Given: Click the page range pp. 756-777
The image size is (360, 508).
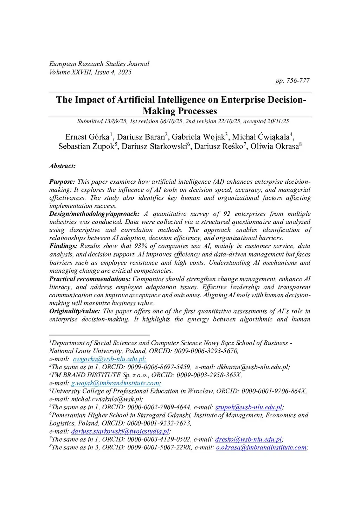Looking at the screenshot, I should click(292, 81).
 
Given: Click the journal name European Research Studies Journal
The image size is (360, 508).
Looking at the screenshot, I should click(99, 64).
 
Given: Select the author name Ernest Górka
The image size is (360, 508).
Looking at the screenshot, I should click(87, 137).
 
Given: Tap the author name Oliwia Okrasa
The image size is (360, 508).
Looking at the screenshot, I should click(275, 146).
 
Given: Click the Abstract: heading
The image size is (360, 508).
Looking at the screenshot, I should click(62, 166).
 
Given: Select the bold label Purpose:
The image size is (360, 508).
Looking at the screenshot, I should click(62, 182).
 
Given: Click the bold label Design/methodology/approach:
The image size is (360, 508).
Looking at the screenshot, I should click(94, 214).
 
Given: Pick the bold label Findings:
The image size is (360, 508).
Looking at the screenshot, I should click(63, 246).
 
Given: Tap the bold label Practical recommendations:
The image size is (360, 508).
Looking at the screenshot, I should click(90, 279).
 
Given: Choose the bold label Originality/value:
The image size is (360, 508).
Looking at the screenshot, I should click(75, 311).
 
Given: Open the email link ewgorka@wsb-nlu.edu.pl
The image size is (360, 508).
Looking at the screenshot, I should click(109, 359).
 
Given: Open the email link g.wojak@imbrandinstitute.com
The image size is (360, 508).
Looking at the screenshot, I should click(116, 383).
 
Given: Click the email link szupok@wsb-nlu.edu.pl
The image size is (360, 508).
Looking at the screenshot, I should click(249, 408).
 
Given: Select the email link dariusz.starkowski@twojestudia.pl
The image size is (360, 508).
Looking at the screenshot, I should click(120, 431).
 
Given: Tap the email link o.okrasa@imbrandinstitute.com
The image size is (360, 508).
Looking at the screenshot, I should click(261, 448).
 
